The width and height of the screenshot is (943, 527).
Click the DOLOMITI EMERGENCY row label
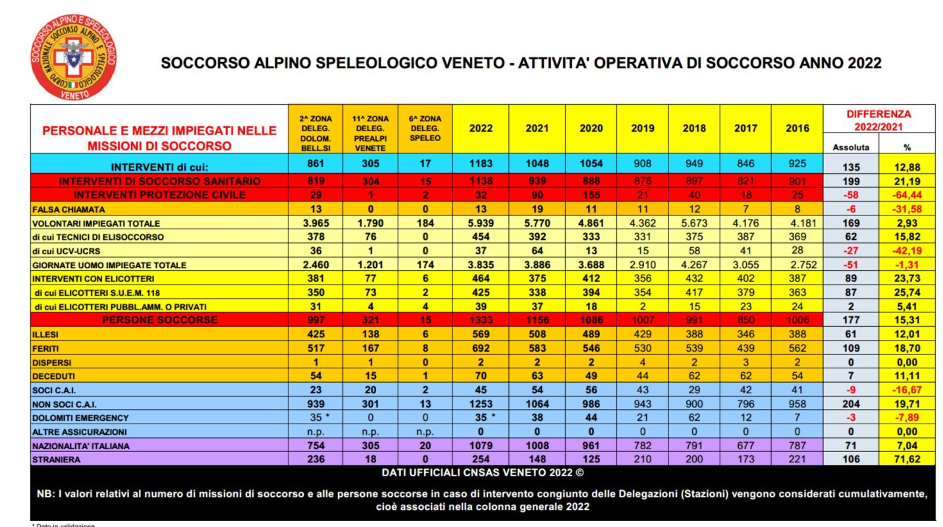point(80,418)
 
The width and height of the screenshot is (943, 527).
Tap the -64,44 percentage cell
point(907,195)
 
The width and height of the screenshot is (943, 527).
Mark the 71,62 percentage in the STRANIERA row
point(907,460)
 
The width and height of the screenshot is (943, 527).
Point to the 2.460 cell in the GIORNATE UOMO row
point(313,265)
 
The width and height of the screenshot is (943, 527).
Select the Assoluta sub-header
point(851,147)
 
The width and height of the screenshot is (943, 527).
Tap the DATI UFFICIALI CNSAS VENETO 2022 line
point(482,473)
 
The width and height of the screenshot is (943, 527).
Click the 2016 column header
point(797,128)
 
